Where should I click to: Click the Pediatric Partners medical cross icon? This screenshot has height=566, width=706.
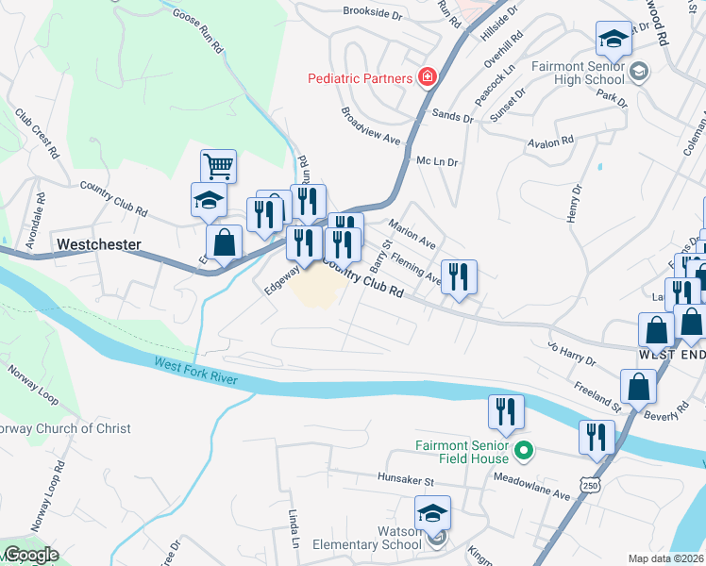[428, 77]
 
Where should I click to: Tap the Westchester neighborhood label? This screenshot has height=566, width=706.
[98, 244]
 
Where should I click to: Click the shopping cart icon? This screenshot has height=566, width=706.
[218, 167]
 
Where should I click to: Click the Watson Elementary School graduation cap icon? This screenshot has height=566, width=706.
[432, 514]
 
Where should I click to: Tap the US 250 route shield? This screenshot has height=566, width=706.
[591, 484]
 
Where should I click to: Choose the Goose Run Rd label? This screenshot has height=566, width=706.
[198, 30]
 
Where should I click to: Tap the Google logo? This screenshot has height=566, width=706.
[30, 555]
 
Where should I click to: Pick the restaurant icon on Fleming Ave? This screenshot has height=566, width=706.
[459, 277]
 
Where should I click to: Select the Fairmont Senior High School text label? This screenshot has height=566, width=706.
[578, 74]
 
